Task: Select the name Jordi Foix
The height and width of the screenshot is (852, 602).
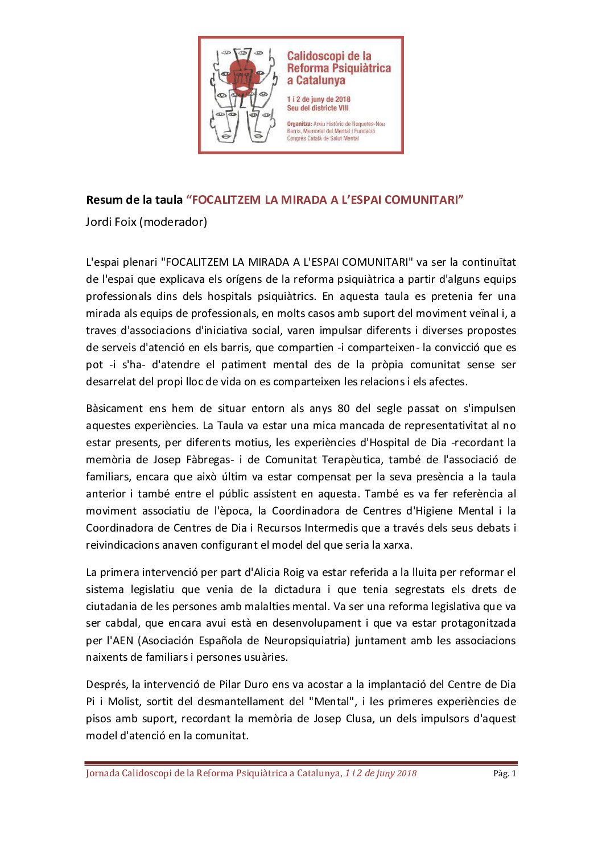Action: click(111, 222)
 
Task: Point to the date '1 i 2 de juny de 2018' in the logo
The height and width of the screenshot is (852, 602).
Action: click(319, 99)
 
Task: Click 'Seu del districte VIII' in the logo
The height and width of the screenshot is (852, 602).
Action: click(318, 108)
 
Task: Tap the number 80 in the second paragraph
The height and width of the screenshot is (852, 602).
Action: click(344, 409)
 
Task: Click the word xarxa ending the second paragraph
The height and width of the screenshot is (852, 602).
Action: click(397, 545)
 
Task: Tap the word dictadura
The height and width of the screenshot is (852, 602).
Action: click(298, 590)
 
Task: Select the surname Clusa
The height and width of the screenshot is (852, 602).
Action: click(359, 719)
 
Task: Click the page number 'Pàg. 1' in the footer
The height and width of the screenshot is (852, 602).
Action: click(505, 773)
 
